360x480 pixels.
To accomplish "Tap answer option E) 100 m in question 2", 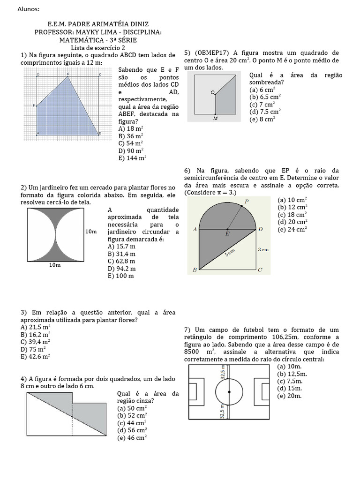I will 120,276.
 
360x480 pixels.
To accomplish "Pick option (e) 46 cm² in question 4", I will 132,437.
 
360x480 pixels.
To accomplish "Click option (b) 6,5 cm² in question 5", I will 265,97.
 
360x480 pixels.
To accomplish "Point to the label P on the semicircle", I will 247,202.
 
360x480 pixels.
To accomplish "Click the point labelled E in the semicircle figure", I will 227,230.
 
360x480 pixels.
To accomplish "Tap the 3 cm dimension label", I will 263,250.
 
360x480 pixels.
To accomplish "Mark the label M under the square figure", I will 215,119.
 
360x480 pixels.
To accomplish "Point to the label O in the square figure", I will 212,92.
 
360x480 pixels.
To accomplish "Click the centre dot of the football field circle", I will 229,391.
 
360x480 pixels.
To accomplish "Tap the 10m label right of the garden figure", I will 91,232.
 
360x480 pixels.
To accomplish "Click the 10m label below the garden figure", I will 55,265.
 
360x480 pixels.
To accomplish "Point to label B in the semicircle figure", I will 194,270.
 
